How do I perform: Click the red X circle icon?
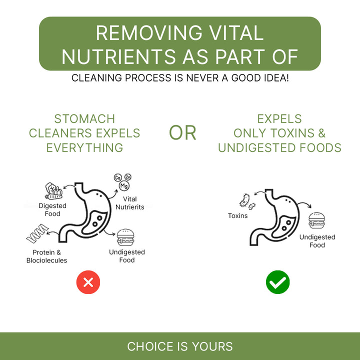pos(88,282)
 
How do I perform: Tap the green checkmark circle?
pos(277,282)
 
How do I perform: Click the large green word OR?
pos(182,133)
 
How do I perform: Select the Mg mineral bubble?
pos(124,185)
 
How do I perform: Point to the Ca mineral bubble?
pos(118,177)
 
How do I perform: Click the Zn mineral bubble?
pos(128,177)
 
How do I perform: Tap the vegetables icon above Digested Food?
pos(53,191)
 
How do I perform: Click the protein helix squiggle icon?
pos(37,233)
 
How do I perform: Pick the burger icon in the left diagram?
pos(125,237)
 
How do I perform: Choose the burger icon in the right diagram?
pos(317,220)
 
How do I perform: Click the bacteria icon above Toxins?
pos(247,201)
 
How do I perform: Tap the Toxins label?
pos(238,216)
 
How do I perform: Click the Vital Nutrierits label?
pos(129,203)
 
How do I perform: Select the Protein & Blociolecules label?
pos(46,256)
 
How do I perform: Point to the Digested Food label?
pos(52,209)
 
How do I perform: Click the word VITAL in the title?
pos(236,33)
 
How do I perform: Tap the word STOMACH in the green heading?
pos(84,119)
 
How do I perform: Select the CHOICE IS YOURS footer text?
pos(180,346)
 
